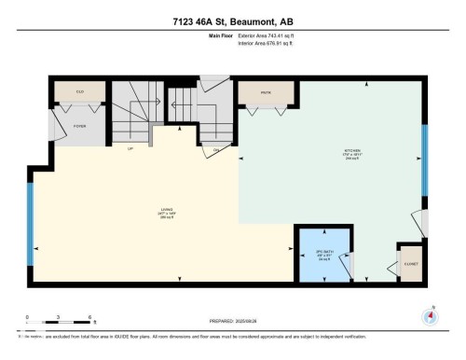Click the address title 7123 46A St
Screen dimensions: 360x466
(232, 21)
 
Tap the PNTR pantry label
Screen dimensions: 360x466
(265, 92)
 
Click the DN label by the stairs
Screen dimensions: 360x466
(216, 149)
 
